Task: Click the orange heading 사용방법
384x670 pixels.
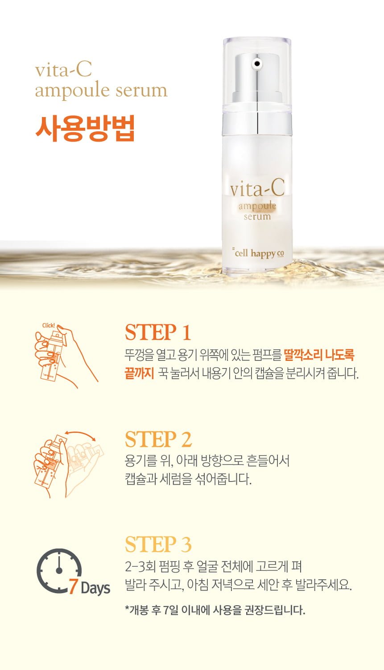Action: click(85, 128)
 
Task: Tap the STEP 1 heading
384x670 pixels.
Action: click(158, 332)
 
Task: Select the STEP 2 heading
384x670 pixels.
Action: click(158, 439)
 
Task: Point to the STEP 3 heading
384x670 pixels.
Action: click(158, 544)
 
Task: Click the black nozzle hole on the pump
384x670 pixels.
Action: click(257, 63)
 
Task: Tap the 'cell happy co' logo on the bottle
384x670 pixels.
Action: click(259, 253)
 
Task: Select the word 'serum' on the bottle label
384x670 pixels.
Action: click(257, 216)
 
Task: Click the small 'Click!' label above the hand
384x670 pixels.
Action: click(48, 326)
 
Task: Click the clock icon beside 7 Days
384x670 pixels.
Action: click(59, 570)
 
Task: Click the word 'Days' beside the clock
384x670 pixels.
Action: click(95, 588)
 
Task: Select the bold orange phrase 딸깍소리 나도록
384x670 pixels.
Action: click(318, 355)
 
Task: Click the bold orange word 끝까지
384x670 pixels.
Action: click(139, 373)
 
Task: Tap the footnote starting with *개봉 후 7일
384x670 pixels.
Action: click(215, 610)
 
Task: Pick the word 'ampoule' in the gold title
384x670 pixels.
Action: click(73, 91)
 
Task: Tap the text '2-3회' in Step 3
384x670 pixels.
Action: click(140, 566)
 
